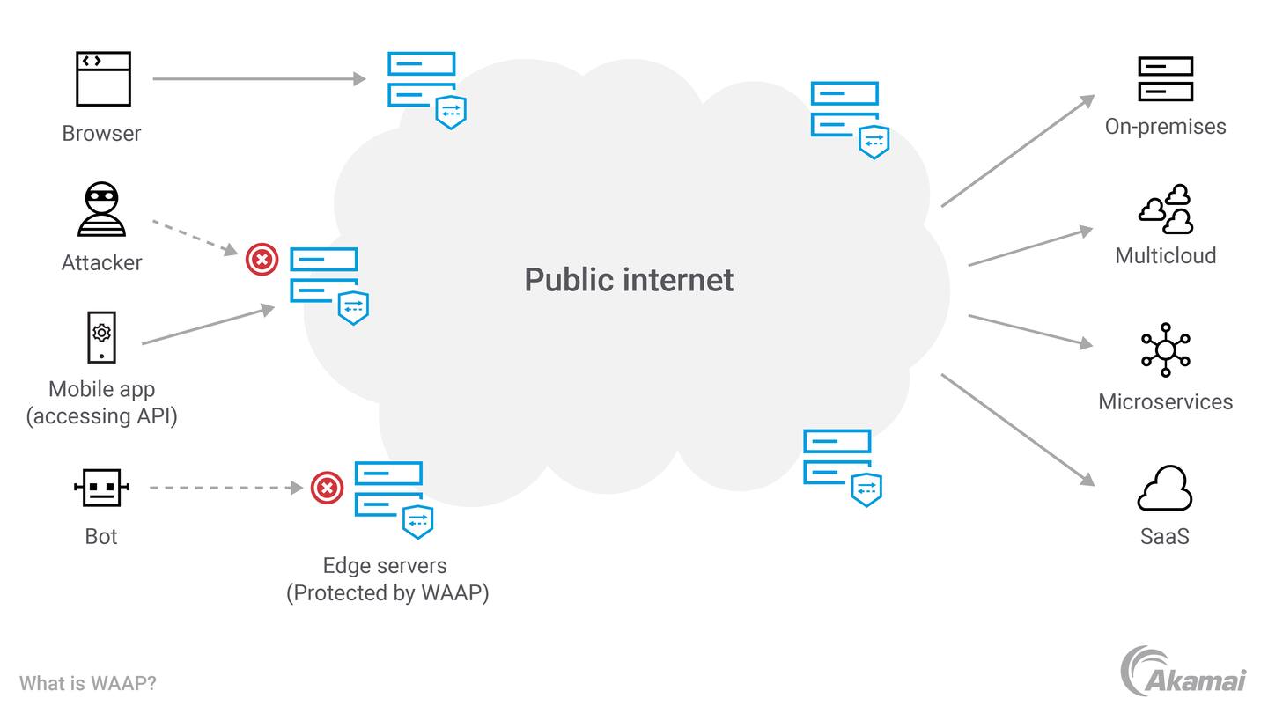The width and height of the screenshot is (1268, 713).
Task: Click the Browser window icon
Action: coord(103,78)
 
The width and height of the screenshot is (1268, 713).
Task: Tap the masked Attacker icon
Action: coord(102,209)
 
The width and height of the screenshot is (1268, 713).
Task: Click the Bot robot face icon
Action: coord(101,487)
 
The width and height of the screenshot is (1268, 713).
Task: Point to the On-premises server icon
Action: coord(1165,79)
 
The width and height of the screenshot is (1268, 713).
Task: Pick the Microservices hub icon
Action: coord(1165,349)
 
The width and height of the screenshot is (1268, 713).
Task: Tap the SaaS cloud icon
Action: coord(1164,489)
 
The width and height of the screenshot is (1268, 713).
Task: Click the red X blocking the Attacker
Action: coord(262,259)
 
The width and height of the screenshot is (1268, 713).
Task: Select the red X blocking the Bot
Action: coord(327,487)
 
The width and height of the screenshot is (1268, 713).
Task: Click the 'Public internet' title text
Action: coord(629,280)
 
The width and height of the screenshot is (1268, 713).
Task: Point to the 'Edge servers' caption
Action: coord(385,565)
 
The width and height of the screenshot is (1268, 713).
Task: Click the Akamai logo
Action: coord(1183,672)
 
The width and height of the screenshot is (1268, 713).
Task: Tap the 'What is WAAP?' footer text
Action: coord(88,683)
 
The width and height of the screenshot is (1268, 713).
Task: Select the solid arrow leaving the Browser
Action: coord(258,78)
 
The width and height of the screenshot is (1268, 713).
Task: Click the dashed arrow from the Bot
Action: coord(225,487)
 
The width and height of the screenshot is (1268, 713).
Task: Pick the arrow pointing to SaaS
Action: coord(1017,430)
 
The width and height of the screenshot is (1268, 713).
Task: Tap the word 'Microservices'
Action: coord(1165,401)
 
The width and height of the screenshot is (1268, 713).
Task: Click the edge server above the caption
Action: coord(393,497)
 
